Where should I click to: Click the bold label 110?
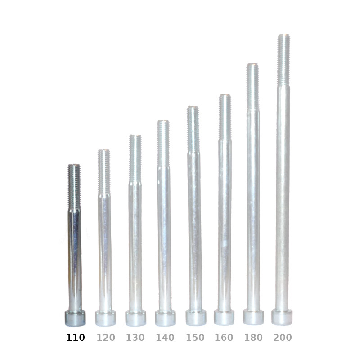tap(76, 337)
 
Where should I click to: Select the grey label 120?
tap(106, 337)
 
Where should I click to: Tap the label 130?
tap(135, 337)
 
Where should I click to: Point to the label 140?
tap(165, 337)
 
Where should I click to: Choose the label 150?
tap(195, 337)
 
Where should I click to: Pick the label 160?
tap(224, 337)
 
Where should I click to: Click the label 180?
tap(253, 337)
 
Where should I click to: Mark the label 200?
tap(283, 337)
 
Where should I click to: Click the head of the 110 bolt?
tap(75, 318)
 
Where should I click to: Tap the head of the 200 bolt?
tap(282, 317)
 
